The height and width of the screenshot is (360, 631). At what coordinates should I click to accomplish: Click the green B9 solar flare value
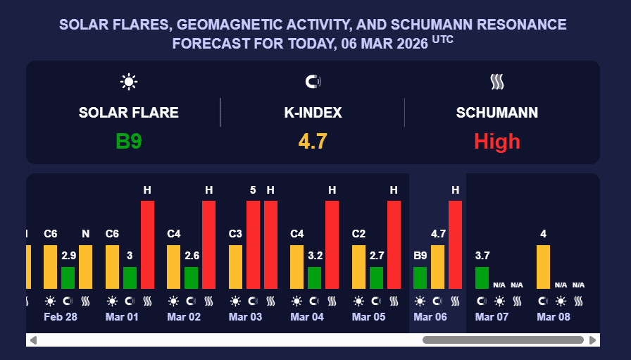tap(129, 142)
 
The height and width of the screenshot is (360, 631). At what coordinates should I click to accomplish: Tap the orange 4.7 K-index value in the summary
tap(313, 142)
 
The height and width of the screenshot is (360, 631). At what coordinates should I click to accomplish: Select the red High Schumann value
tap(496, 142)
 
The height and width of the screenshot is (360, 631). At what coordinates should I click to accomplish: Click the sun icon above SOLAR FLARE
tap(128, 82)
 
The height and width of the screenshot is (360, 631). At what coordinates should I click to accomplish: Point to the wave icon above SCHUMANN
tap(497, 82)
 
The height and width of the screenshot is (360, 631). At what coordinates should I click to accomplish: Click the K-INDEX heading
tap(313, 113)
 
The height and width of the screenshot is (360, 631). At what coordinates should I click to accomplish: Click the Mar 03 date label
tap(245, 317)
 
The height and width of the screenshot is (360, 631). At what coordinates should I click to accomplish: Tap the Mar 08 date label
tap(554, 317)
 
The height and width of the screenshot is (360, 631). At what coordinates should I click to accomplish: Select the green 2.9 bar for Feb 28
tap(68, 278)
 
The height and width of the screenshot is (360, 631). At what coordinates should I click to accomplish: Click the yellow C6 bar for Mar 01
tap(112, 266)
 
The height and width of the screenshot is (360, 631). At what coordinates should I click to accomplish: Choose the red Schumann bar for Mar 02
tap(209, 244)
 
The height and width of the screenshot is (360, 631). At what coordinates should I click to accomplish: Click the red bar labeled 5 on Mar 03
tap(253, 244)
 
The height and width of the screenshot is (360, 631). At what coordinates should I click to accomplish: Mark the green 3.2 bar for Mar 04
tap(314, 278)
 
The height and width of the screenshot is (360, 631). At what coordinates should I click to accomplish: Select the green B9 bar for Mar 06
tap(420, 278)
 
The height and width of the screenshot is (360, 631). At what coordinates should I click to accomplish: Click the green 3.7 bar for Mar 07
tap(482, 278)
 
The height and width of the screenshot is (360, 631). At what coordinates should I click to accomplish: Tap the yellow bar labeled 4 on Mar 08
tap(543, 266)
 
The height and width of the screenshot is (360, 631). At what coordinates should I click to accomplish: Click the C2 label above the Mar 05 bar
tap(358, 234)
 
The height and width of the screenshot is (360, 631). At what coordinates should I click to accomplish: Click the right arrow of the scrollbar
tap(594, 340)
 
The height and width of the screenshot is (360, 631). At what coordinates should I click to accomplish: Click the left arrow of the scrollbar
tap(32, 340)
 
